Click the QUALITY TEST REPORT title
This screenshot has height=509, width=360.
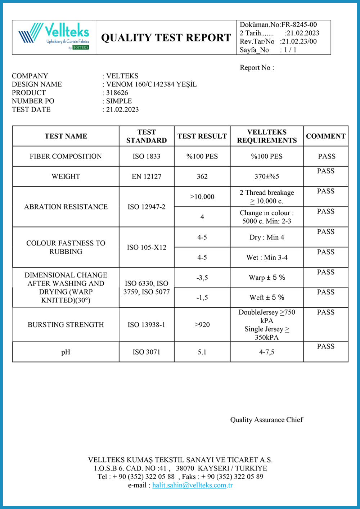click(x=166, y=38)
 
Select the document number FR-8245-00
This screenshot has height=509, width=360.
click(x=299, y=24)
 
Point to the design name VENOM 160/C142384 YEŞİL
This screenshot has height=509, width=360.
click(x=151, y=84)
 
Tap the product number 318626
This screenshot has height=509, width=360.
click(x=117, y=93)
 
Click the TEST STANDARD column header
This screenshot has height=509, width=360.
click(x=147, y=136)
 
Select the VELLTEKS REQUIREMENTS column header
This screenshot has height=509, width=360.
click(x=267, y=136)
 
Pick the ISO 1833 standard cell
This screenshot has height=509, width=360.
click(x=147, y=156)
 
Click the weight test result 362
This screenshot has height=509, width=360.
click(x=202, y=176)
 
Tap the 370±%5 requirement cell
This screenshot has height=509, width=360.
click(x=267, y=176)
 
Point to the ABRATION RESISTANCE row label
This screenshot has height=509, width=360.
click(x=66, y=207)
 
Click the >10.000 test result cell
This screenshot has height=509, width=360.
click(x=202, y=197)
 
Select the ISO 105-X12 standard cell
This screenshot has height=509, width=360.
click(x=147, y=247)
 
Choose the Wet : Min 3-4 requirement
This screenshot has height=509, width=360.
click(x=267, y=257)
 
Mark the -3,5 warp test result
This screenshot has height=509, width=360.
click(x=202, y=278)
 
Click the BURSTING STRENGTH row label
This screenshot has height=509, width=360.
click(x=66, y=325)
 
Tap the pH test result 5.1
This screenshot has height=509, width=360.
click(x=202, y=352)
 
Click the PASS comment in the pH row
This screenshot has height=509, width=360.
click(x=326, y=346)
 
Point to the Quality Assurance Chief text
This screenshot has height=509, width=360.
click(x=266, y=420)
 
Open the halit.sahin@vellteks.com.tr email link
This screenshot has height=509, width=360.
click(x=192, y=485)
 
